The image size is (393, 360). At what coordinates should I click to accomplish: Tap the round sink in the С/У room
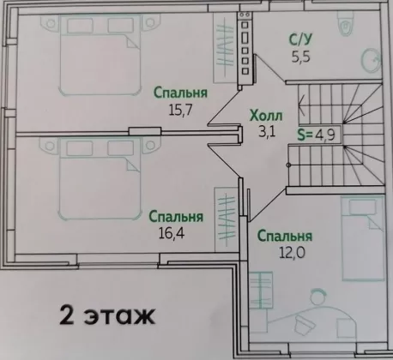pyautogui.click(x=371, y=60)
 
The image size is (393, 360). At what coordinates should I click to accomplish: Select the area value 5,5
pyautogui.click(x=301, y=57)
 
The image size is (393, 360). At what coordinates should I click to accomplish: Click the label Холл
pyautogui.click(x=266, y=116)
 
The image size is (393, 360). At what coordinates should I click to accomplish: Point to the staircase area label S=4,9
pyautogui.click(x=316, y=135)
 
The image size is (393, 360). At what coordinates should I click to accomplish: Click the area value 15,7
pyautogui.click(x=180, y=110)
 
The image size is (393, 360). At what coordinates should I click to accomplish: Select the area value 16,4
pyautogui.click(x=172, y=233)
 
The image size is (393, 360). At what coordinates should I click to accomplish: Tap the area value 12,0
pyautogui.click(x=292, y=252)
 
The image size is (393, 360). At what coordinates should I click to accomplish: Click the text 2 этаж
pyautogui.click(x=107, y=315)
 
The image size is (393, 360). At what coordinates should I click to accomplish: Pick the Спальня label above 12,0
pyautogui.click(x=285, y=236)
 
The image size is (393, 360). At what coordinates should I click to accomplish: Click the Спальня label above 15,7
pyautogui.click(x=180, y=93)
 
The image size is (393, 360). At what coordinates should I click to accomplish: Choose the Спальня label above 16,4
pyautogui.click(x=176, y=217)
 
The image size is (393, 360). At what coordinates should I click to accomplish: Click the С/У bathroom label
pyautogui.click(x=300, y=39)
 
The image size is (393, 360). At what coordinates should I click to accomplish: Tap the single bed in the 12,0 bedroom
pyautogui.click(x=362, y=238)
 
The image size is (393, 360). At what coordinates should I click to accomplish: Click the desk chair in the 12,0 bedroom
pyautogui.click(x=305, y=324)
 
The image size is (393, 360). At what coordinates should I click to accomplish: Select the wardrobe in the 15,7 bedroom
pyautogui.click(x=225, y=48)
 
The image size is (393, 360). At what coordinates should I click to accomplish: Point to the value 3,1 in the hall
pyautogui.click(x=267, y=132)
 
